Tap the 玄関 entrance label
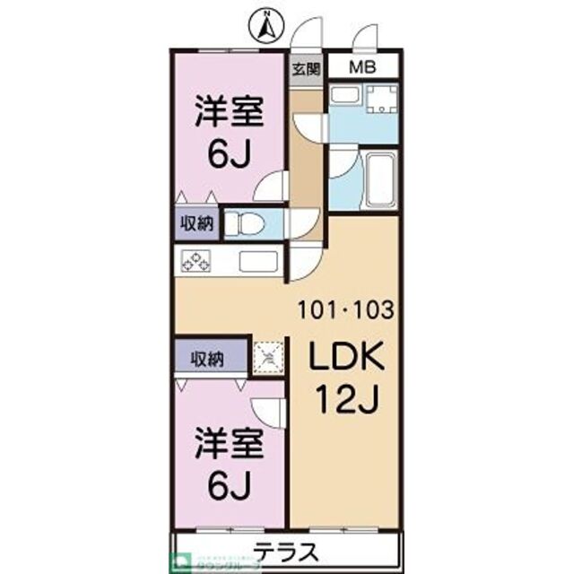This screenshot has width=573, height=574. pyautogui.click(x=307, y=69)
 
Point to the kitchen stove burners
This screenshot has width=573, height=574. pyautogui.click(x=196, y=262)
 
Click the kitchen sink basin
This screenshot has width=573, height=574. pyautogui.click(x=259, y=263)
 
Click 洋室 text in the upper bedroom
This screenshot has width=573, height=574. pyautogui.click(x=230, y=116)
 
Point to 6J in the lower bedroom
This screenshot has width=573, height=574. pyautogui.click(x=229, y=486)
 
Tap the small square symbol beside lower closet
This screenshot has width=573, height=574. pyautogui.click(x=267, y=358)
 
